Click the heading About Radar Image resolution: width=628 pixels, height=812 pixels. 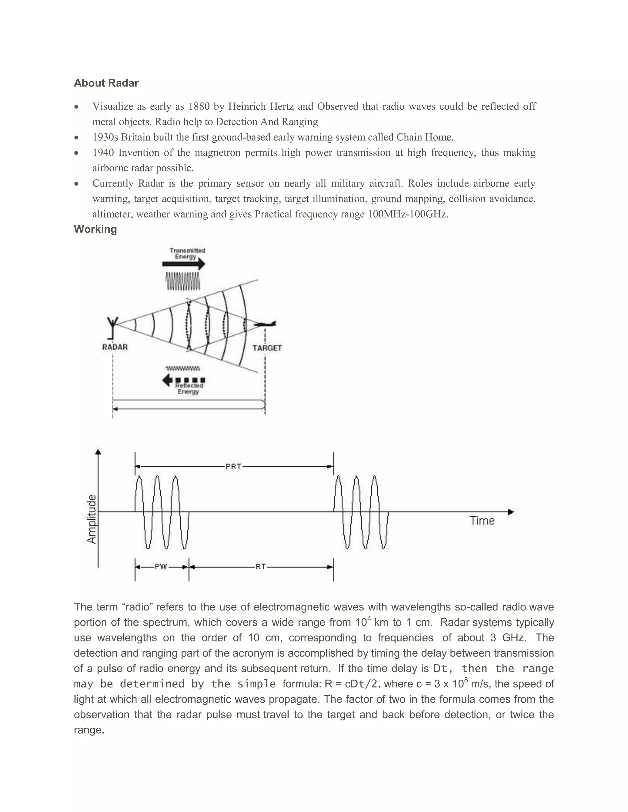[106, 83]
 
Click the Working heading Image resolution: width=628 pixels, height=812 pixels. [95, 229]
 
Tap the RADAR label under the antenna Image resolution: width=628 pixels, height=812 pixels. [115, 347]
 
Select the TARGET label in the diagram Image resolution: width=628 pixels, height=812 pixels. [267, 348]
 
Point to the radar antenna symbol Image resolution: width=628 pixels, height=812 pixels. [112, 326]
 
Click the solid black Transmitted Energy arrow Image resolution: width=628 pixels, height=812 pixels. [183, 264]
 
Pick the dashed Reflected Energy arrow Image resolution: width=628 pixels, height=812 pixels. [184, 380]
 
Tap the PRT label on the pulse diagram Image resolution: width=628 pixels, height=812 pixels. [233, 466]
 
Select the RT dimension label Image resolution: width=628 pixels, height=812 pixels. [260, 567]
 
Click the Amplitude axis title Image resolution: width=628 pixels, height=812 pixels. [91, 519]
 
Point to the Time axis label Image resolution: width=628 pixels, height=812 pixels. [482, 521]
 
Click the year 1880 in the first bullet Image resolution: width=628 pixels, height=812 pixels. [199, 107]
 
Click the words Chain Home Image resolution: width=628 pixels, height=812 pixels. [424, 137]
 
